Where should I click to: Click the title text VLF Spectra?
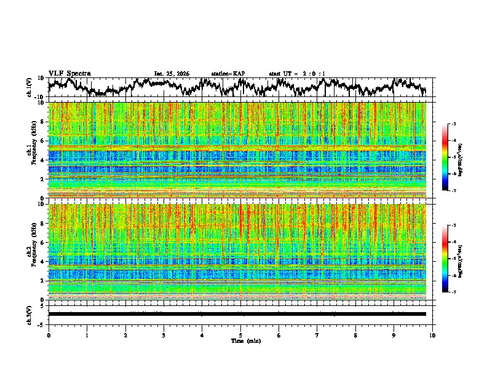tap(69, 74)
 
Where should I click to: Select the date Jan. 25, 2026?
tap(172, 74)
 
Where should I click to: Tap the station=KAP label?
tap(228, 74)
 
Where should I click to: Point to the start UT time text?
tap(297, 74)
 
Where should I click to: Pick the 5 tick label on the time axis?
tap(240, 335)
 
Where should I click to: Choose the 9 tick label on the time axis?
tap(394, 335)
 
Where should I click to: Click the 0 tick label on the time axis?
tap(49, 335)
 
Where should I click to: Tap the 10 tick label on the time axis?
tap(432, 335)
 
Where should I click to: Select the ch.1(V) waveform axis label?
tap(30, 87)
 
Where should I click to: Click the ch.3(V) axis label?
tap(30, 314)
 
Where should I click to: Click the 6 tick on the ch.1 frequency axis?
tap(43, 141)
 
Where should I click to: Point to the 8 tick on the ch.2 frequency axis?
tap(43, 223)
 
